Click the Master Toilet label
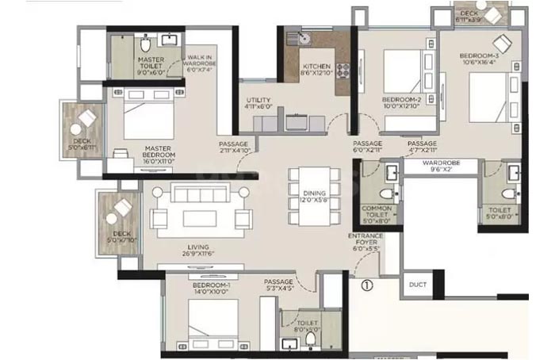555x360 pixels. pyautogui.click(x=151, y=64)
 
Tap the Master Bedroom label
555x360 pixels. pyautogui.click(x=159, y=157)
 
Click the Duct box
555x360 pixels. pyautogui.click(x=418, y=284)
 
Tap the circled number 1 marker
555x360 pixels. pyautogui.click(x=366, y=285)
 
